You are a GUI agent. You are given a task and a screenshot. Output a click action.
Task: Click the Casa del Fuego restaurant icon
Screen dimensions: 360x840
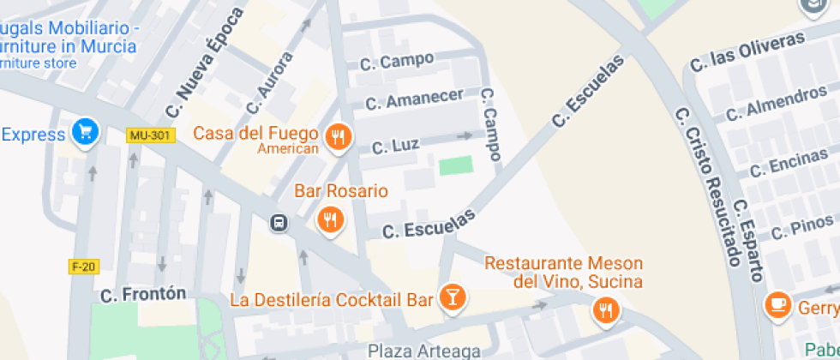click(x=339, y=137)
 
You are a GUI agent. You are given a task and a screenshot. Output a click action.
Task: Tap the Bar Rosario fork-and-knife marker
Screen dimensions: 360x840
click(x=330, y=219)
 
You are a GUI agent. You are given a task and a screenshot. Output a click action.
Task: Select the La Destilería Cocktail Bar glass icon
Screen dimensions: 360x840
click(x=452, y=297)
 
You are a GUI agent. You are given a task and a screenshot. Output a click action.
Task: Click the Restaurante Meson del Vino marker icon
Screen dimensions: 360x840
click(x=606, y=309)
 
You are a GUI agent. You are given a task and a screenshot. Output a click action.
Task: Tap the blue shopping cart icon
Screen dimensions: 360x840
click(x=86, y=132)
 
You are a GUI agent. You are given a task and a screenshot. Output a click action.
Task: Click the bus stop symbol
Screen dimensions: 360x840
click(x=279, y=224)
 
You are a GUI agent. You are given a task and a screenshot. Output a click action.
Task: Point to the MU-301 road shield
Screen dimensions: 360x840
click(x=150, y=135)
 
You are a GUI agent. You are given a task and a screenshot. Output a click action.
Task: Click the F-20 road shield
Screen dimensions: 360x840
click(x=83, y=267)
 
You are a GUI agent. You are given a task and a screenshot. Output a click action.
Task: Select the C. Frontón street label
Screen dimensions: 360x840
click(x=143, y=294)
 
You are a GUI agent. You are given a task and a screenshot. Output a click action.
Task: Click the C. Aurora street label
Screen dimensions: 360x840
click(x=269, y=83)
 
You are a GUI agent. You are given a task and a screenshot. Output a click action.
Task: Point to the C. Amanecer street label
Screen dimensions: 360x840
click(x=414, y=99)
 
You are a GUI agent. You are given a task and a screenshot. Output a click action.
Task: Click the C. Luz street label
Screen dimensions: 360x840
click(x=394, y=147)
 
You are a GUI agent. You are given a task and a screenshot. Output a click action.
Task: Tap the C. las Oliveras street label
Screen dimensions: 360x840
click(x=747, y=51)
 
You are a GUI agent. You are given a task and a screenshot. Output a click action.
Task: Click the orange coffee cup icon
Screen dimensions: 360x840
click(x=778, y=304)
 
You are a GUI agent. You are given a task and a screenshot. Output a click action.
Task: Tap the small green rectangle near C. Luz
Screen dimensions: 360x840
click(x=455, y=165)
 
